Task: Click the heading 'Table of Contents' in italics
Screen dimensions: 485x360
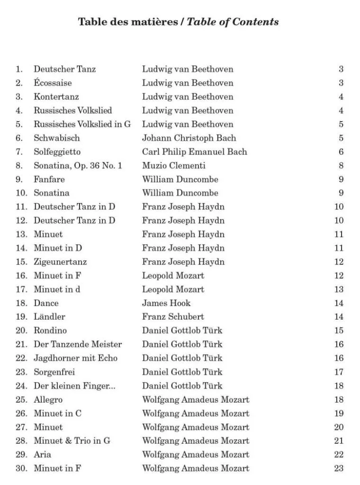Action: click(233, 22)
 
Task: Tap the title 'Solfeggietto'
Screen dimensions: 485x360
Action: click(57, 152)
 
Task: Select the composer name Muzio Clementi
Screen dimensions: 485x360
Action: click(173, 166)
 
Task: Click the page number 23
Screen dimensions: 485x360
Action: click(339, 468)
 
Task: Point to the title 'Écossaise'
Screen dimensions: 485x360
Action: click(53, 83)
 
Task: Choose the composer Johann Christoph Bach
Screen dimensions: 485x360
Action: click(189, 138)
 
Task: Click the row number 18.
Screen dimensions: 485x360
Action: click(21, 303)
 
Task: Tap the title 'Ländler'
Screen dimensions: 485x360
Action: click(49, 317)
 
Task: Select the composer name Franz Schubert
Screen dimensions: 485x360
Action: click(173, 317)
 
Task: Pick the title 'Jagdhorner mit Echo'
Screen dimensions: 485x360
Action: click(75, 358)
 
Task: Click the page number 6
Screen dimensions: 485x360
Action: click(341, 152)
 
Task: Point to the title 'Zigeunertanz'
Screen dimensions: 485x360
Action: click(60, 262)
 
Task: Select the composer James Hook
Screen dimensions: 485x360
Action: click(166, 303)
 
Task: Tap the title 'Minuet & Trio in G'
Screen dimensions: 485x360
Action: click(72, 441)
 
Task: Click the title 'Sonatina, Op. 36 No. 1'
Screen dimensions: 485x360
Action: click(78, 166)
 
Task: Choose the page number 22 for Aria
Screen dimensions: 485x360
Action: click(339, 455)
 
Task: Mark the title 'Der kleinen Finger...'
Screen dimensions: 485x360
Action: click(74, 386)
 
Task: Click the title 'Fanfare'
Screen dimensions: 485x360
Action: click(49, 180)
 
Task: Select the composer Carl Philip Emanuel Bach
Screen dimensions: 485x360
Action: click(194, 152)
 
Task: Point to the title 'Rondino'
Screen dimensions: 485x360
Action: click(50, 331)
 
